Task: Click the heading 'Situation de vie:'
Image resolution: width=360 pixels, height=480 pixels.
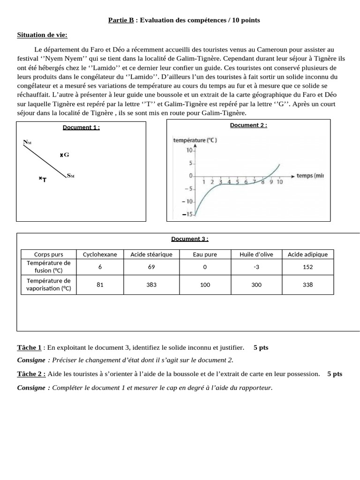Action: click(42, 35)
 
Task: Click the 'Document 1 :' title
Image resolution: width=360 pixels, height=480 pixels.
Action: click(81, 127)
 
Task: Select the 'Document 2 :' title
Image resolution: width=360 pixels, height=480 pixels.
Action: click(248, 125)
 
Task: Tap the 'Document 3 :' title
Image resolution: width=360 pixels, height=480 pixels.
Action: click(189, 239)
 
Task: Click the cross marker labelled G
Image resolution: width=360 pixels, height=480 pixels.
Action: click(61, 155)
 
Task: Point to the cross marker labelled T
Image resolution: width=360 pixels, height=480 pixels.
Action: click(40, 179)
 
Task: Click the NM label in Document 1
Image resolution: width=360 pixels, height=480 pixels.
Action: click(27, 142)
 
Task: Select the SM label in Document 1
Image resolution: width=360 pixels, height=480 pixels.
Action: click(71, 176)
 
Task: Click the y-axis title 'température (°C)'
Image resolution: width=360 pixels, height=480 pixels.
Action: click(195, 140)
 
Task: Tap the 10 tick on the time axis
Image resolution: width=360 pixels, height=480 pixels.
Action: click(279, 182)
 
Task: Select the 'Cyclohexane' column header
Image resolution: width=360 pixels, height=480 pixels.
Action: click(100, 254)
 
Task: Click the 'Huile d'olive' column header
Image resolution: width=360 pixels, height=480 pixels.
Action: click(256, 254)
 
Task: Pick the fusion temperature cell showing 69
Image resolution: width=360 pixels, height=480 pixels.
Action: click(151, 266)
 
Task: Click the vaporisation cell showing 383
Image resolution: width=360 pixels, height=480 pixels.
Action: click(151, 285)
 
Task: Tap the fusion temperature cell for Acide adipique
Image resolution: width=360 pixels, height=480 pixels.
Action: click(308, 266)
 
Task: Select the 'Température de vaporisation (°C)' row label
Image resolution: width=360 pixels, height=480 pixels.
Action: click(49, 285)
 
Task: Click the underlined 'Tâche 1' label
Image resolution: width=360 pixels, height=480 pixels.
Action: click(30, 347)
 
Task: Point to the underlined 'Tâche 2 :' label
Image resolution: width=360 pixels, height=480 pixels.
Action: click(31, 374)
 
